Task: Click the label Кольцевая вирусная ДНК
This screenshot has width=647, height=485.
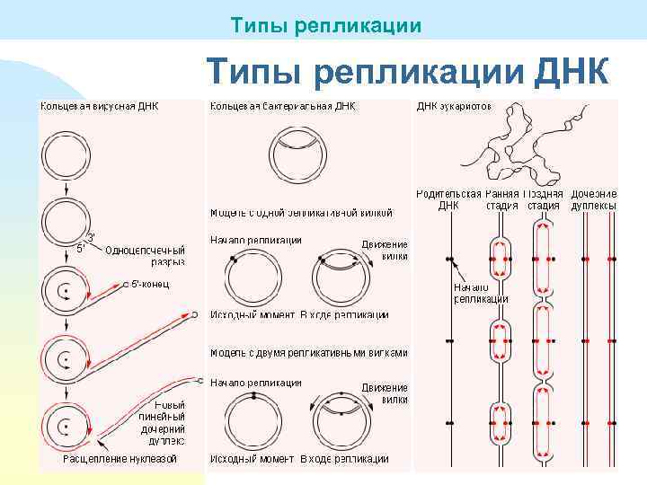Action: [x=98, y=106]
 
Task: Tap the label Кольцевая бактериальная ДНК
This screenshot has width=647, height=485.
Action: [x=282, y=106]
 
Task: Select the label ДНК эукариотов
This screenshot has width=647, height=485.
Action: [x=453, y=106]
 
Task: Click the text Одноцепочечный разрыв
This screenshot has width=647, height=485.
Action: [x=145, y=256]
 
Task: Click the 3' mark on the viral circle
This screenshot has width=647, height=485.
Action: [x=91, y=237]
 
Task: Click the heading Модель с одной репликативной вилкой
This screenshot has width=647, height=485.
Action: [x=301, y=213]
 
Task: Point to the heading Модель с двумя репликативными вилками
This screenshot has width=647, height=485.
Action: [x=308, y=353]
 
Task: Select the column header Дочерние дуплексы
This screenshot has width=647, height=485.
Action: [x=594, y=199]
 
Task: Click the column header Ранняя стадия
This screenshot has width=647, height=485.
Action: [x=502, y=199]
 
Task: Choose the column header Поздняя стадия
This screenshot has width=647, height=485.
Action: [x=544, y=199]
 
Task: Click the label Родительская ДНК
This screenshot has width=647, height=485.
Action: [x=448, y=199]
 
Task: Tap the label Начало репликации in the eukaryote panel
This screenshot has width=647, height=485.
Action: [x=481, y=293]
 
